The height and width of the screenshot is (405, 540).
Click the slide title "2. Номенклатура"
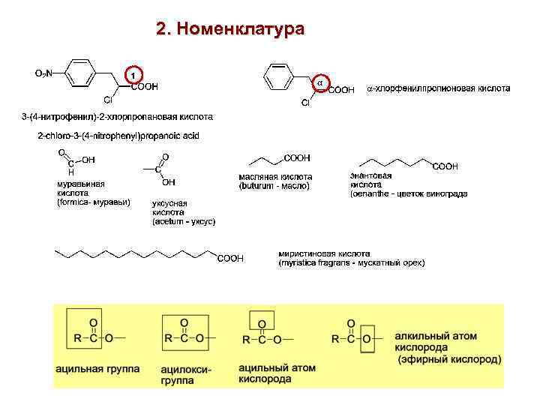[x=230, y=30]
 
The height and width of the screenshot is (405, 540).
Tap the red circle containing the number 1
[x=132, y=75]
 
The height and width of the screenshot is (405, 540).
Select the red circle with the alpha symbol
[x=319, y=80]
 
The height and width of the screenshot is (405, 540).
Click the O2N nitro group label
[x=44, y=73]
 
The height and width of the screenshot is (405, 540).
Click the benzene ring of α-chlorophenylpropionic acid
[x=277, y=75]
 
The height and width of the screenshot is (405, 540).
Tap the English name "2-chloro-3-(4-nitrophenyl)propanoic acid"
[x=124, y=135]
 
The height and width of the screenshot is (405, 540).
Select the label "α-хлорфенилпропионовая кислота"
[x=439, y=88]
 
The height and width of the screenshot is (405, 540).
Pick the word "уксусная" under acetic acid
[x=169, y=203]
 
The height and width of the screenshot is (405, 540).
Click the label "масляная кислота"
[x=270, y=177]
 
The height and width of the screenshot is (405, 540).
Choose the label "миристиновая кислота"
[x=324, y=253]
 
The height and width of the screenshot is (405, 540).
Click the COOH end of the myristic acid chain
[x=230, y=259]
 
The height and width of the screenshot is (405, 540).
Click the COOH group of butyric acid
[x=297, y=157]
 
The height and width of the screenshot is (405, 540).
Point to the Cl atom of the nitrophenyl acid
[x=108, y=99]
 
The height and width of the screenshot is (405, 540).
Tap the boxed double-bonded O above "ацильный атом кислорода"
[x=262, y=323]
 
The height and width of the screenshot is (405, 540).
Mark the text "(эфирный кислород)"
[x=449, y=360]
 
